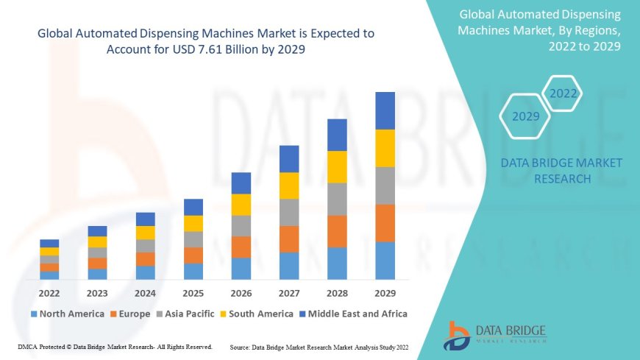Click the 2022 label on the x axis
pos(49,292)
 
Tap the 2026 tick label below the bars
pos(241,292)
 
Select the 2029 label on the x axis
pos(385,292)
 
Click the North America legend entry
pos(71,314)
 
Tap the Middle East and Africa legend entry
pos(357,314)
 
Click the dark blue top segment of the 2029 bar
pos(385,110)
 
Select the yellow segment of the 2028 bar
pos(337,166)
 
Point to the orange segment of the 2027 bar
pos(289,239)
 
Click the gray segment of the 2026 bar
pos(241,225)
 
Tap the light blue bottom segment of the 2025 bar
pos(193,271)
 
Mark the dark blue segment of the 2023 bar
pos(97,231)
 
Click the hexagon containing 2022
pos(563,93)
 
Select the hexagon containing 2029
pos(525,116)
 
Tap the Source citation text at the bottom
pos(319,346)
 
